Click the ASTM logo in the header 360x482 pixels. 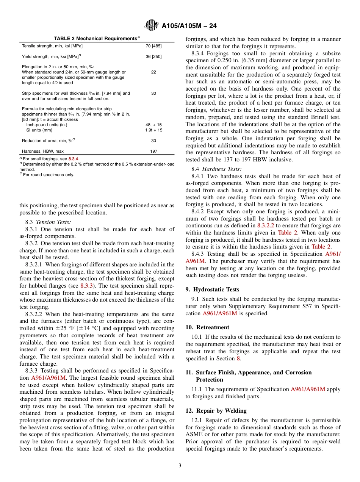point(152,26)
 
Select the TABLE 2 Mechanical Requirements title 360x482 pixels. point(95,39)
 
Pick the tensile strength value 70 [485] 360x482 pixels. point(153,46)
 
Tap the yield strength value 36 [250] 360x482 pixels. point(153,56)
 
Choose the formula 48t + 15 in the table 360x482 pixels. point(153,125)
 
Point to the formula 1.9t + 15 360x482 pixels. point(153,130)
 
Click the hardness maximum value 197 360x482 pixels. point(153,151)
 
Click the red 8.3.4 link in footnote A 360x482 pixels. point(74,159)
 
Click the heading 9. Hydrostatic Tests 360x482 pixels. point(212,290)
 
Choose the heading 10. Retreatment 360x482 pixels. point(207,327)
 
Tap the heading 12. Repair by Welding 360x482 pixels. point(216,411)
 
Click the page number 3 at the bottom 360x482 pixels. point(180,466)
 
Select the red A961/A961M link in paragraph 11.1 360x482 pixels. point(308,389)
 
